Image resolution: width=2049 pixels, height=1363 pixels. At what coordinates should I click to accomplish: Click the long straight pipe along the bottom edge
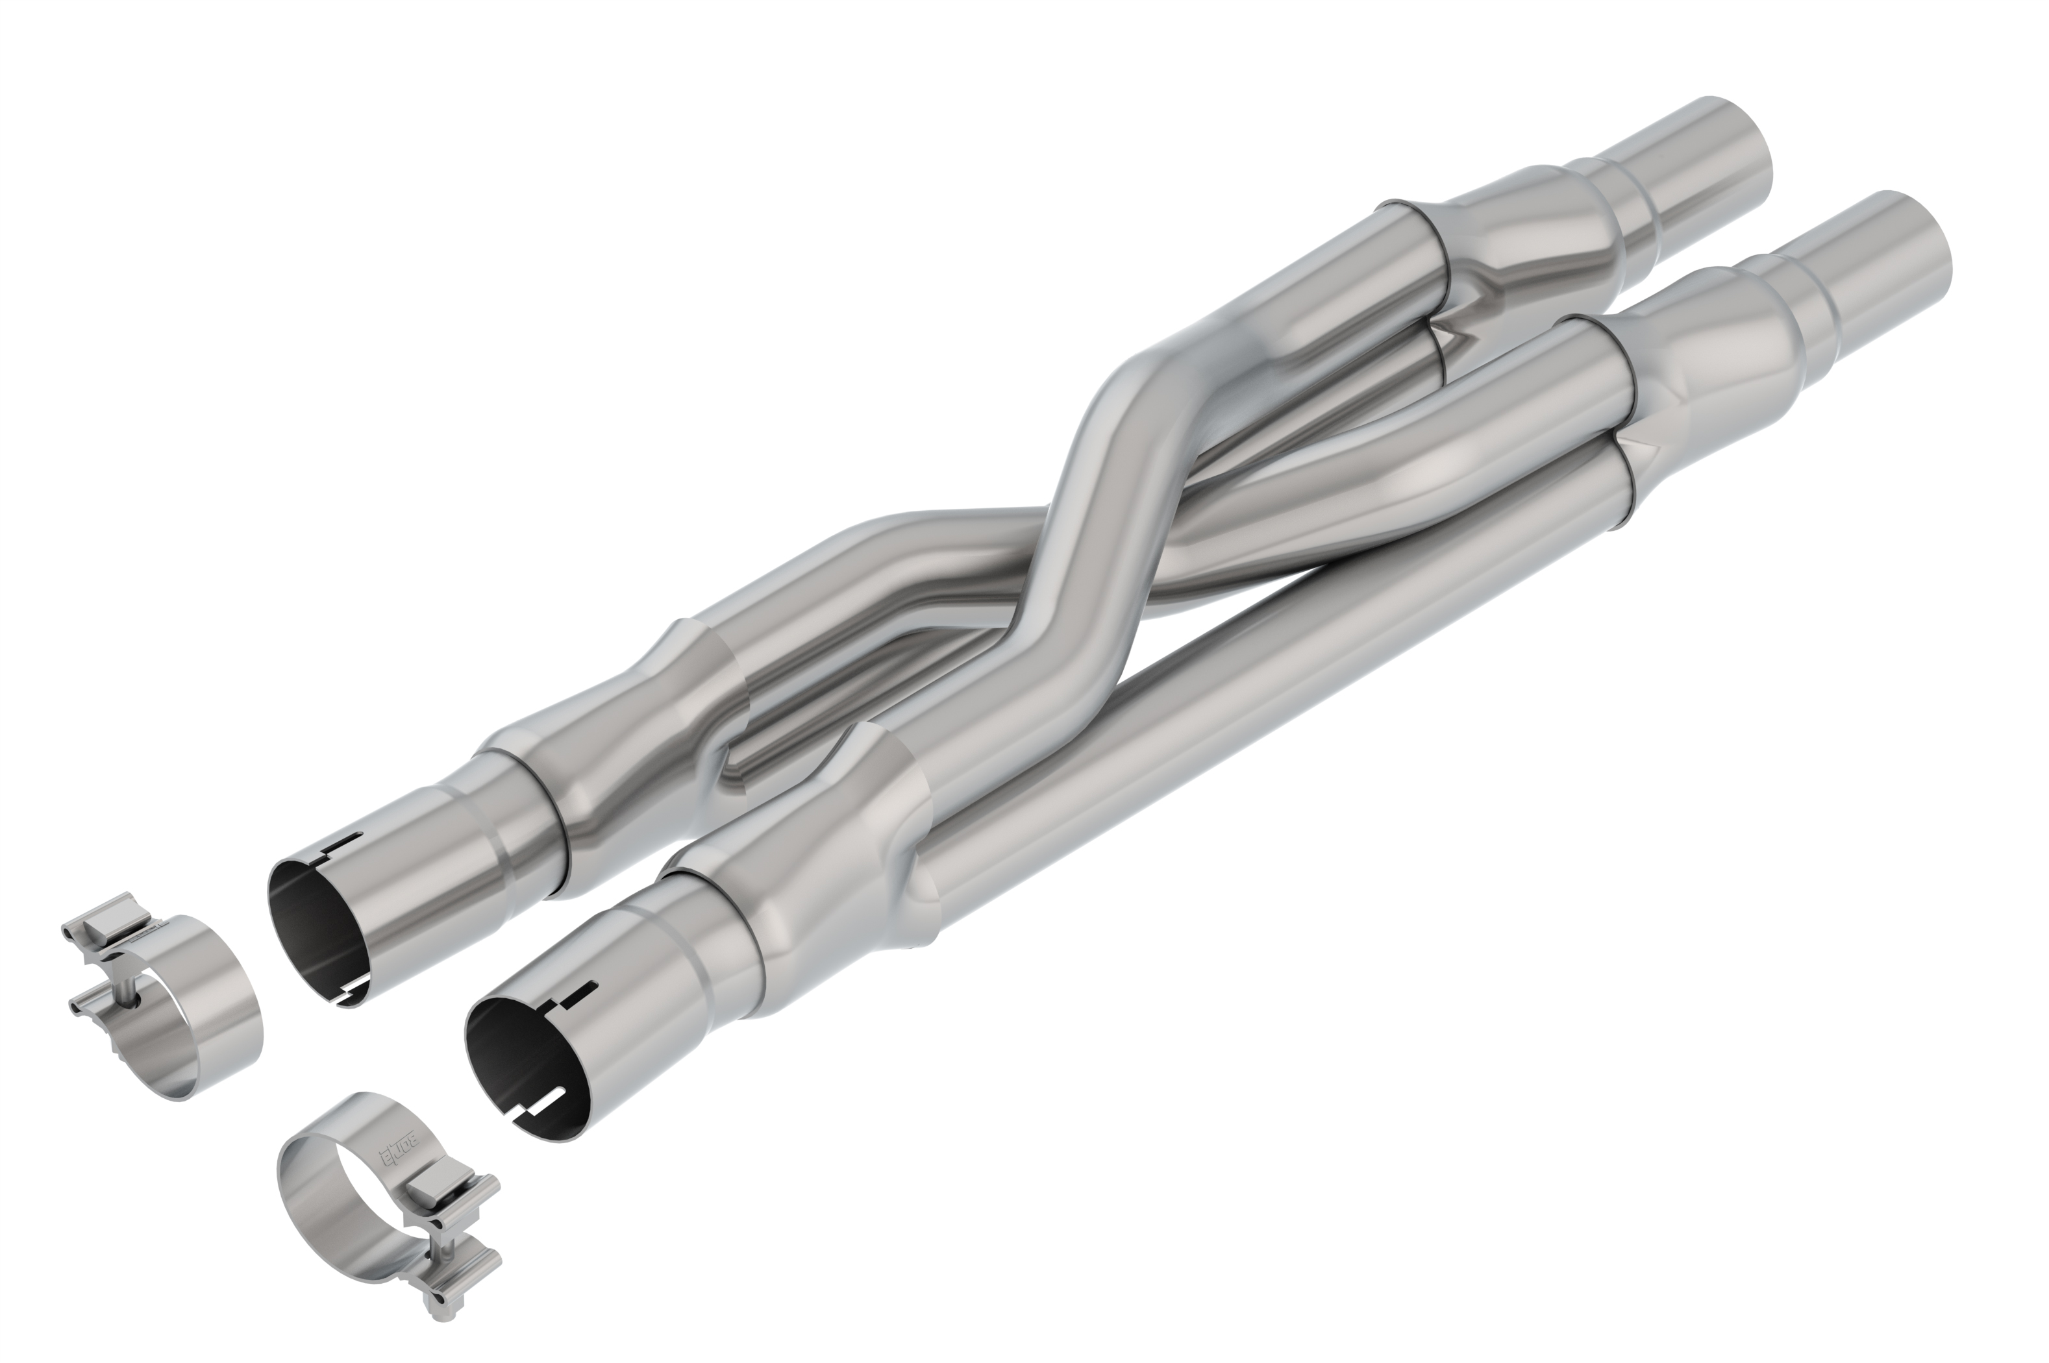(1304, 695)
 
